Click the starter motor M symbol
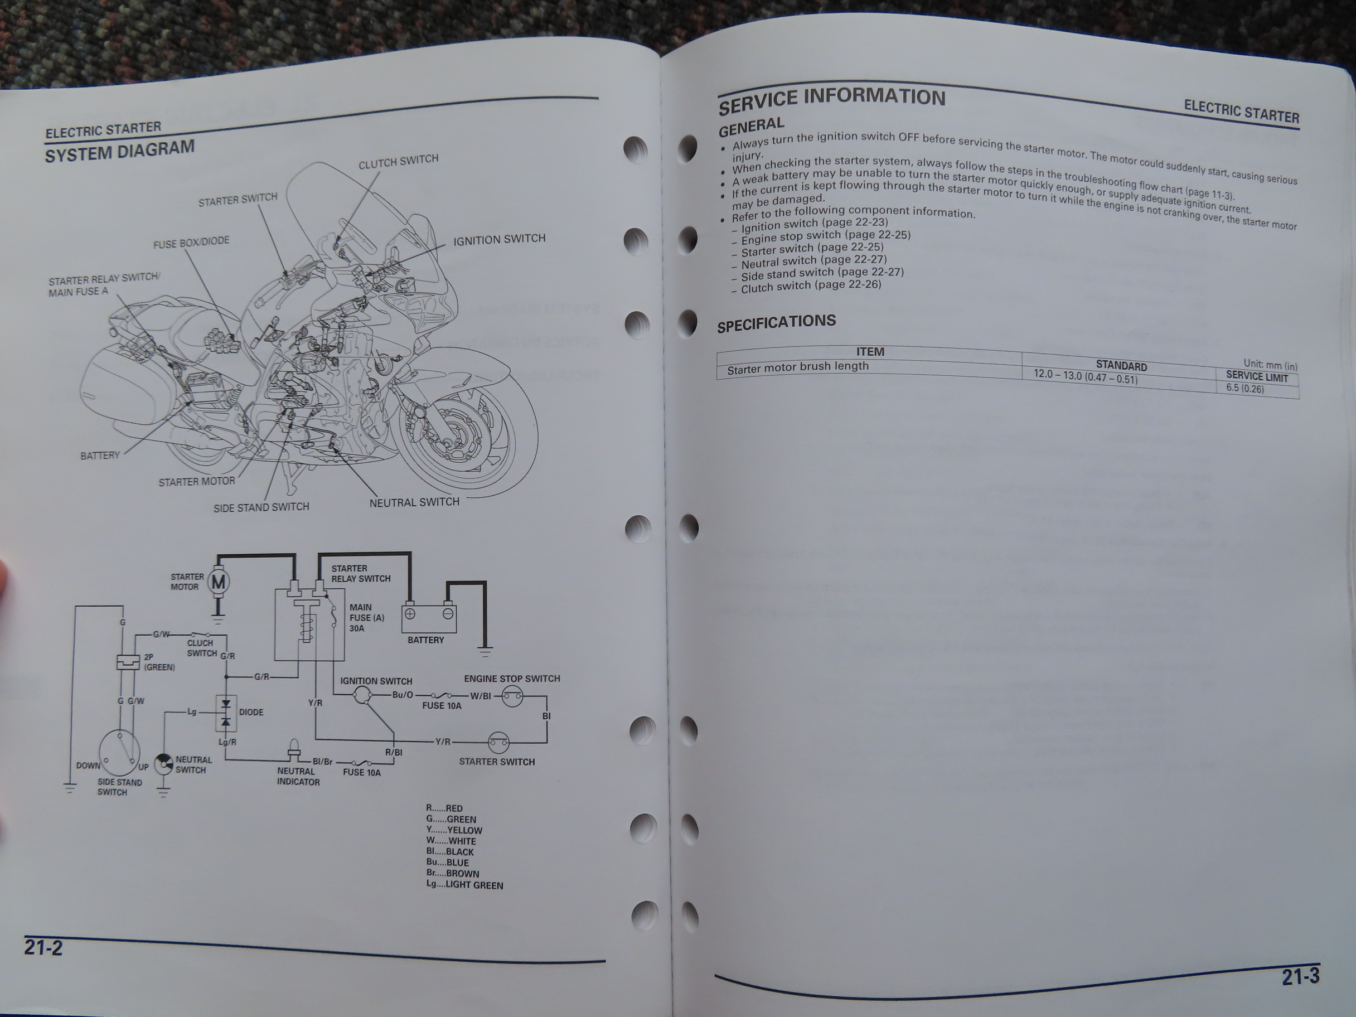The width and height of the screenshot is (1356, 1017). click(x=218, y=582)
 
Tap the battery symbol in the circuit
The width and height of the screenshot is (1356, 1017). click(x=429, y=619)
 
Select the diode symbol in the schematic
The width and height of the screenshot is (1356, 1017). click(x=226, y=713)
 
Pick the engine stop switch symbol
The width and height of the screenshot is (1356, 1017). click(x=512, y=696)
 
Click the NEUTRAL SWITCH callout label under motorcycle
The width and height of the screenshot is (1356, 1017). click(x=414, y=502)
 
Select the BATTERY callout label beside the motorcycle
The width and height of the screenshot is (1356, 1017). click(x=100, y=456)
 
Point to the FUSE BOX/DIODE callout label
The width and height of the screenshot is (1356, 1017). click(x=191, y=242)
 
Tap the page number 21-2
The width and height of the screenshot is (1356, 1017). click(x=43, y=948)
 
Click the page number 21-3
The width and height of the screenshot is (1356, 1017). click(x=1300, y=976)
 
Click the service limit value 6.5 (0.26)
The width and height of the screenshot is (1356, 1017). click(x=1245, y=388)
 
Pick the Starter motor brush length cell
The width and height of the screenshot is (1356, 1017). click(x=797, y=368)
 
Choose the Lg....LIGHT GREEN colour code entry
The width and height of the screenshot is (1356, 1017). click(x=464, y=885)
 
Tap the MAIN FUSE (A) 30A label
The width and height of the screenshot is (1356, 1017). click(x=366, y=617)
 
